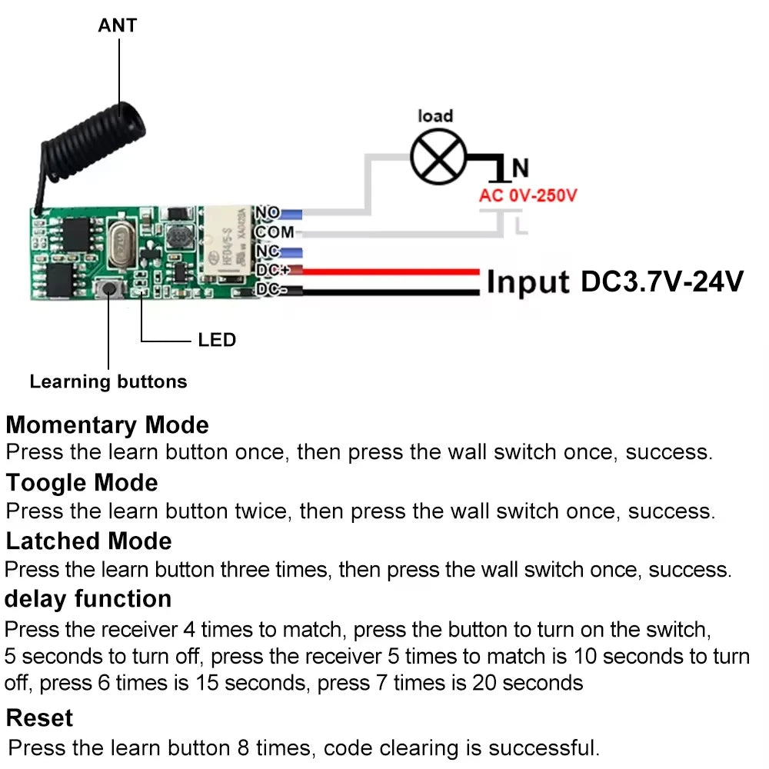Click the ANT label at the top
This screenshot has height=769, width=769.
pyautogui.click(x=117, y=25)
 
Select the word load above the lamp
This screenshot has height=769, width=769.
pyautogui.click(x=435, y=116)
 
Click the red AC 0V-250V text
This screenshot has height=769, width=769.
pyautogui.click(x=528, y=195)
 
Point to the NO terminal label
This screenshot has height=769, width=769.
pyautogui.click(x=268, y=213)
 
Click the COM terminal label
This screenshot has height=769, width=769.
pyautogui.click(x=275, y=231)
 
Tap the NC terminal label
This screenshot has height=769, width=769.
pyautogui.click(x=268, y=251)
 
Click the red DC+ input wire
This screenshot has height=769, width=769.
pyautogui.click(x=384, y=271)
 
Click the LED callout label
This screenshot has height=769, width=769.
pyautogui.click(x=216, y=340)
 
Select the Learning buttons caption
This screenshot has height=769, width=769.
pyautogui.click(x=108, y=381)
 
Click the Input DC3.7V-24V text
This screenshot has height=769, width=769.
pyautogui.click(x=614, y=281)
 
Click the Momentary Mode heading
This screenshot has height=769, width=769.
pyautogui.click(x=108, y=424)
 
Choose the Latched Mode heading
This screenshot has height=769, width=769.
pyautogui.click(x=89, y=541)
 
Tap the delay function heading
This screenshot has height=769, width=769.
pyautogui.click(x=88, y=598)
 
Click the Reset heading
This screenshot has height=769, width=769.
pyautogui.click(x=39, y=717)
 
